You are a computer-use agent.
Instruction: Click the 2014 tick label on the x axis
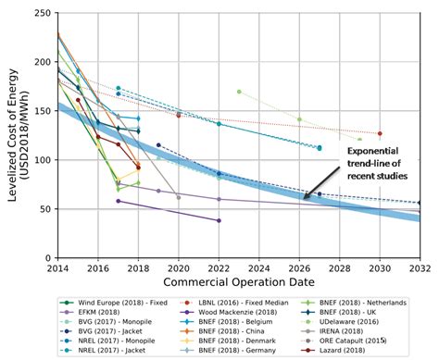(57, 267)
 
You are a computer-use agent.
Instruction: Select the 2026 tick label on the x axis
(298, 267)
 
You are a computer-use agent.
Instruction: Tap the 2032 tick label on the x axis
(419, 267)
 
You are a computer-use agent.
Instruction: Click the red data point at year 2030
(380, 133)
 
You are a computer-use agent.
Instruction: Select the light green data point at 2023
(239, 92)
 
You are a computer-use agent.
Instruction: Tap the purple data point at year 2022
(219, 220)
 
